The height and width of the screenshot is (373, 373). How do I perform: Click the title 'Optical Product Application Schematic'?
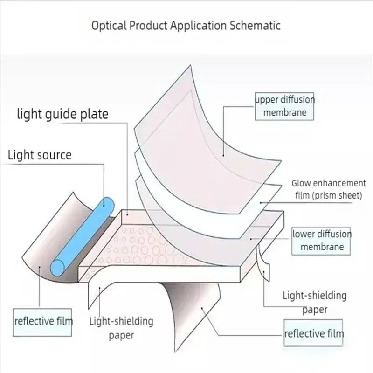point(186,25)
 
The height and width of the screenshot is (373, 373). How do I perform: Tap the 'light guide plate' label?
point(62,114)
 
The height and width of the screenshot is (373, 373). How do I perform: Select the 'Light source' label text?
point(40,155)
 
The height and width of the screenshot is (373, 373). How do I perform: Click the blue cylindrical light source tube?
point(84,233)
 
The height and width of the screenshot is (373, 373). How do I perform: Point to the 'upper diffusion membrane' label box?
point(284,106)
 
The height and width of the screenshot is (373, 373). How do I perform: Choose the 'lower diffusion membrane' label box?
point(322,240)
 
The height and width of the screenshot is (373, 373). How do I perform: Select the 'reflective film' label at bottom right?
point(314,333)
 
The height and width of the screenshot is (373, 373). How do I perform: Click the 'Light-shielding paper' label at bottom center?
point(121,328)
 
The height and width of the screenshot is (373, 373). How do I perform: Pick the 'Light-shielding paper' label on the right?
point(315,302)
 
